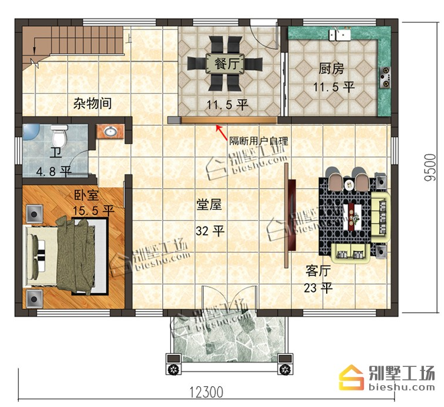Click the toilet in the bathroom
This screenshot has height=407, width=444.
pyautogui.click(x=59, y=135)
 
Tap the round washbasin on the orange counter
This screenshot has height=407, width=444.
pyautogui.click(x=110, y=131)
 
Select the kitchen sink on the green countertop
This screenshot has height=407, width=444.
pyautogui.click(x=339, y=35)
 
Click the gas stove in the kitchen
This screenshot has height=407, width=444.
pyautogui.click(x=385, y=77)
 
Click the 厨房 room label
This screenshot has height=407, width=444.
pyautogui.click(x=331, y=68)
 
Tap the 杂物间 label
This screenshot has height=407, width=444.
pyautogui.click(x=93, y=103)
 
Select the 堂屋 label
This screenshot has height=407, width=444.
pyautogui.click(x=209, y=205)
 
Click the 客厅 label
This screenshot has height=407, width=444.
pyautogui.click(x=318, y=271)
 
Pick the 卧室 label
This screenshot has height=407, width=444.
pyautogui.click(x=86, y=195)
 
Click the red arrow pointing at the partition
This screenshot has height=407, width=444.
pyautogui.click(x=222, y=133)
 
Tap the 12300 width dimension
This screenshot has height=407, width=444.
pyautogui.click(x=206, y=392)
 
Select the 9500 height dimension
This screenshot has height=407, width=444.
pyautogui.click(x=430, y=168)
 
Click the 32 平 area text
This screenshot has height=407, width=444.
pyautogui.click(x=210, y=231)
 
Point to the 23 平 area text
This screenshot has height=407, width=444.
pyautogui.click(x=318, y=288)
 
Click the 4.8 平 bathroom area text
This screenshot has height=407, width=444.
pyautogui.click(x=54, y=171)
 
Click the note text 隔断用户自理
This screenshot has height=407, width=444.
pyautogui.click(x=258, y=141)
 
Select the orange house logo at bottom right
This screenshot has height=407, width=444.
pyautogui.click(x=351, y=378)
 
